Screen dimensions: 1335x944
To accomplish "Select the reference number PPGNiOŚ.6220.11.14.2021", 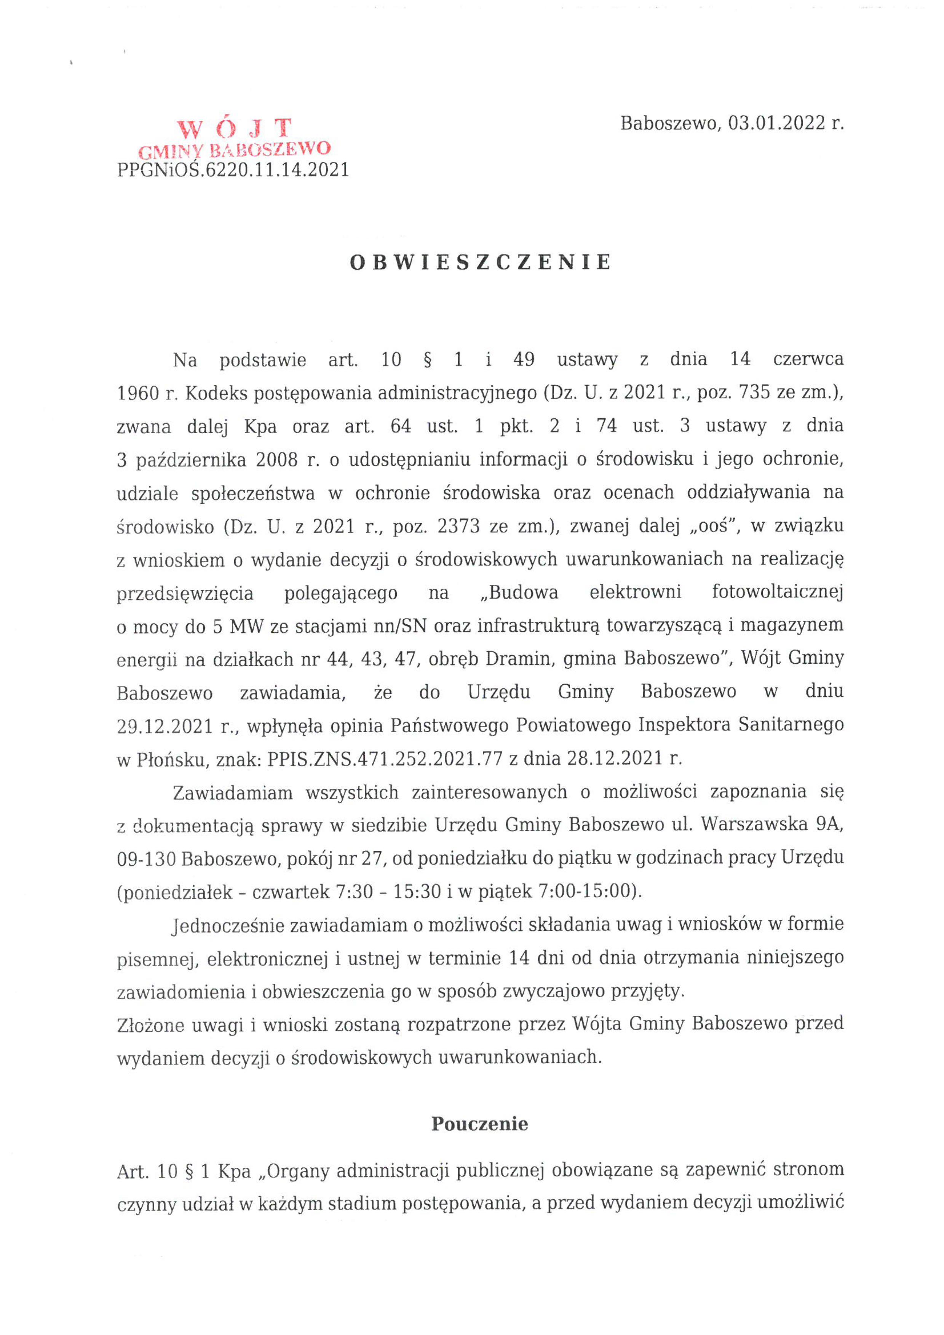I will (x=233, y=170).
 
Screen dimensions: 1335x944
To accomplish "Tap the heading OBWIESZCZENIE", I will (x=480, y=263).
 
